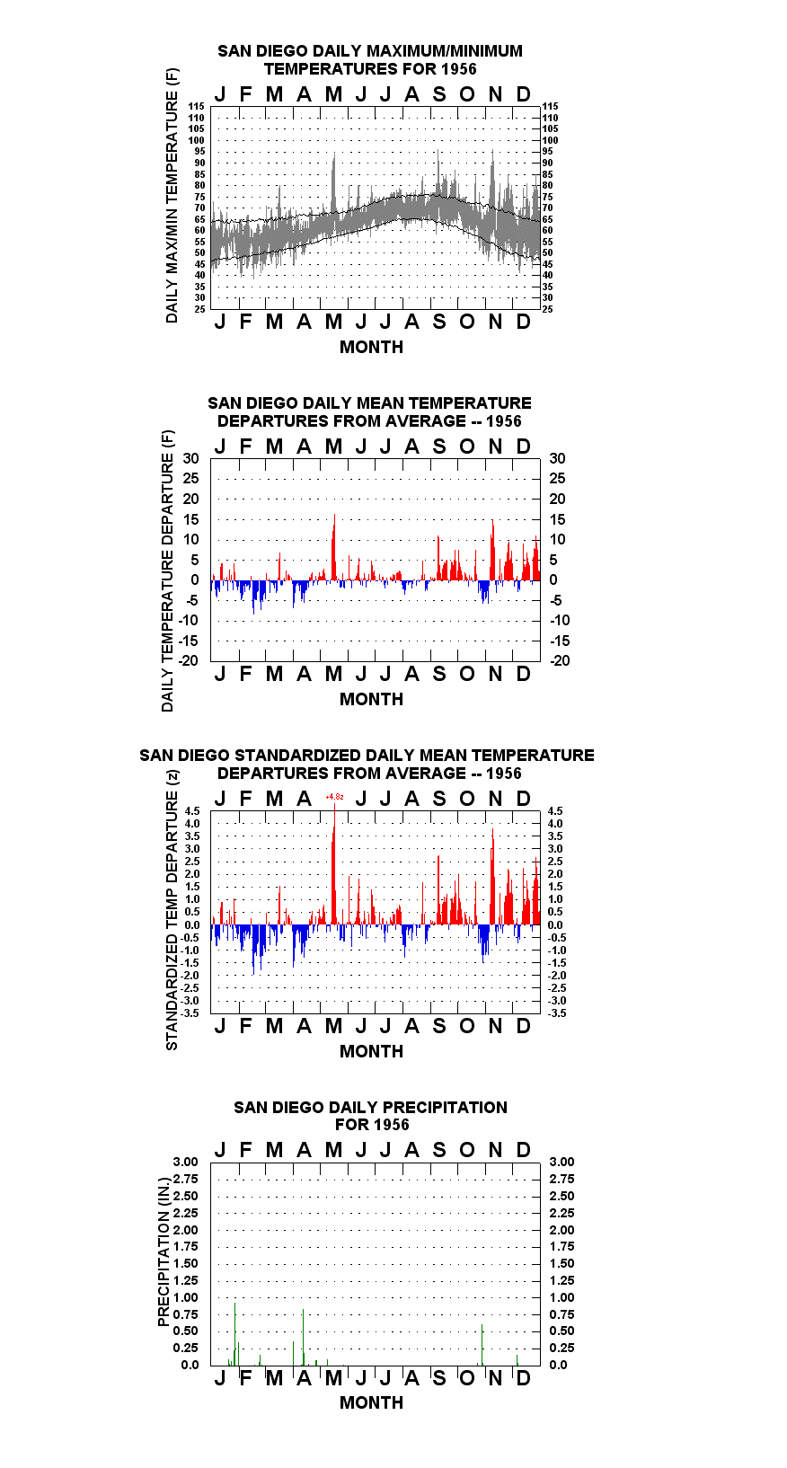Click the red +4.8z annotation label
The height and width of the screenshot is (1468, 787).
point(334,796)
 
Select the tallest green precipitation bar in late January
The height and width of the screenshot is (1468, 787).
point(234,1333)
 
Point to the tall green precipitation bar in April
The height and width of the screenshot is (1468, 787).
point(303,1337)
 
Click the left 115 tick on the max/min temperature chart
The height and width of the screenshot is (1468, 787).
point(197,106)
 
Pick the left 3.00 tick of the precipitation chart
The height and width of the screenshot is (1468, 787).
point(185,1162)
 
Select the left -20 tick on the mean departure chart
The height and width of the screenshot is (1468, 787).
point(188,660)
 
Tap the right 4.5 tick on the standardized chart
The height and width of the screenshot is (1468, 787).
point(555,811)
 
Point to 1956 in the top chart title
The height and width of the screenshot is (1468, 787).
point(459,69)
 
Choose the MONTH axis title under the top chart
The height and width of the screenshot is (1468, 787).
point(372,348)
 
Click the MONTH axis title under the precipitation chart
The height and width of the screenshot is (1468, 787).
point(372,1402)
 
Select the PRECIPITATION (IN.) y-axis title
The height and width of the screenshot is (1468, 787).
point(164,1252)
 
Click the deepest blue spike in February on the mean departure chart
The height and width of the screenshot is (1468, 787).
point(253,597)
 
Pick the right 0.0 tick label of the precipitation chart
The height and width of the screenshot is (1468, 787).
point(558,1365)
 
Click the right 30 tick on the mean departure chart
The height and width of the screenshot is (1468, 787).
point(557,459)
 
